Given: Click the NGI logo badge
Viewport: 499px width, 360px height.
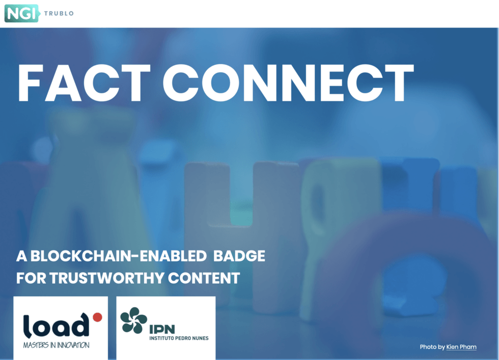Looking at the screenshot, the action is pos(21,13).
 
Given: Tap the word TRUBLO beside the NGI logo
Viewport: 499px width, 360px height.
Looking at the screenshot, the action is pos(59,13).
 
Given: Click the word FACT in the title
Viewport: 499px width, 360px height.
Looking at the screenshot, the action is pos(84,83).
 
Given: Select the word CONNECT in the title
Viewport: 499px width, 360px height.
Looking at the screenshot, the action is pos(288,83).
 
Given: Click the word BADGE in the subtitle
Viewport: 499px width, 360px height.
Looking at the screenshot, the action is pos(239,256).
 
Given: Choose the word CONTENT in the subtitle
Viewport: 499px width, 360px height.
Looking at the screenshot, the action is pos(204,278).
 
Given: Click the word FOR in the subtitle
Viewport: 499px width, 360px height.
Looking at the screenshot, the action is pos(31,278).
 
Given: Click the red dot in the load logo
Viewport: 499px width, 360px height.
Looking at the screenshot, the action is pos(97,317).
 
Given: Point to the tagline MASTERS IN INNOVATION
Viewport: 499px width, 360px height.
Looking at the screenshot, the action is pos(56,345).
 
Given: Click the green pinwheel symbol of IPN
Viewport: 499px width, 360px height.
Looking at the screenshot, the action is pos(133,320).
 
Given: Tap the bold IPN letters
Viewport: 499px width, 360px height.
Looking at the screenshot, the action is pos(162,329).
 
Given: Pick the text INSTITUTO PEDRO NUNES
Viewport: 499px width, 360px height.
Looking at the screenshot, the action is pos(179,338).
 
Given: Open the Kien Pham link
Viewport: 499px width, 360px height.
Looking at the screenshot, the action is pos(461,347).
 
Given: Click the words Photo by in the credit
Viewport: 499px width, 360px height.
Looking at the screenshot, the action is pos(432,347).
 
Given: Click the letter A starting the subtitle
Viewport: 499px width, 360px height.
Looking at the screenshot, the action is pos(21,256).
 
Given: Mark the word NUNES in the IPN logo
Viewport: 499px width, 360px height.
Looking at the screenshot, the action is pos(201,338).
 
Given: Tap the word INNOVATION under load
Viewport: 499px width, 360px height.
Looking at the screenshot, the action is pos(73,345).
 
